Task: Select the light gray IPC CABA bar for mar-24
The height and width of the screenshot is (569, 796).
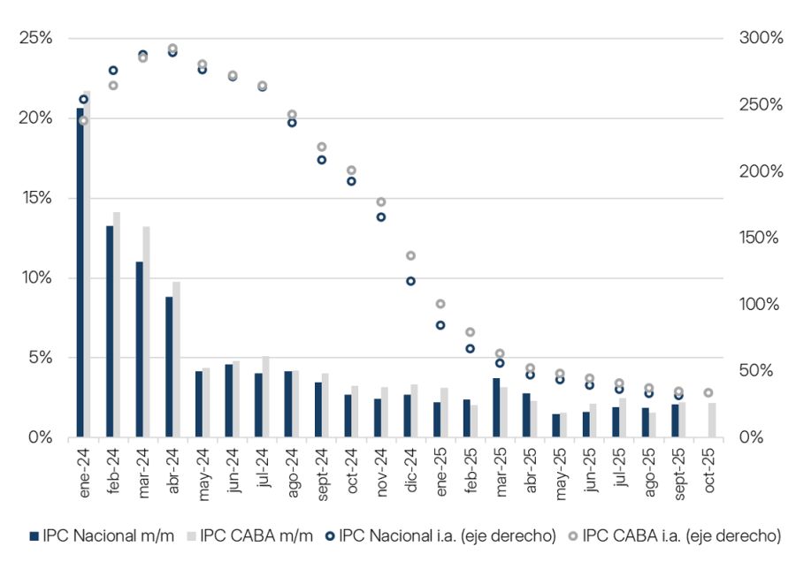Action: click(146, 331)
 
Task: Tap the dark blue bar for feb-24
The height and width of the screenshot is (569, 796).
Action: click(110, 331)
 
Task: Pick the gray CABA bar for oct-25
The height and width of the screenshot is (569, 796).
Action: click(713, 421)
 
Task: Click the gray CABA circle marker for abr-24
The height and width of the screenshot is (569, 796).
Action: click(172, 49)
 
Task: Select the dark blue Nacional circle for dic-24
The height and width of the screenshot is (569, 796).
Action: click(410, 281)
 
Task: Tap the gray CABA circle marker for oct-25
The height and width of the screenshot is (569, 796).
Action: click(708, 392)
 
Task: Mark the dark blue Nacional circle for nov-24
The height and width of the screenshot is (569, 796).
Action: click(381, 216)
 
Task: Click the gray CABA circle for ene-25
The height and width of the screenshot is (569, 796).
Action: click(440, 304)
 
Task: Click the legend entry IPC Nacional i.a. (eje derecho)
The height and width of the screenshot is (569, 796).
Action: click(448, 535)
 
